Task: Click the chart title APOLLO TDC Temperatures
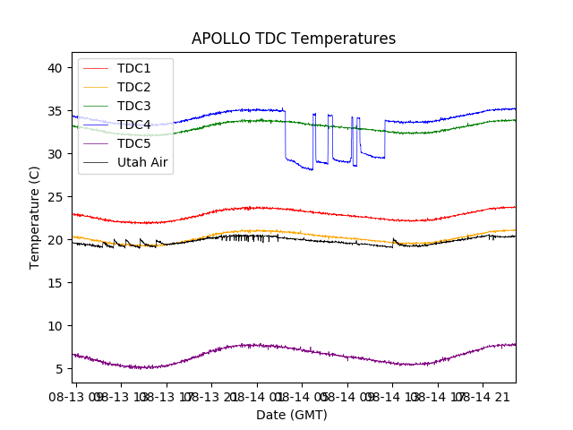pos(293,39)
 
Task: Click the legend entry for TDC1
pos(133,68)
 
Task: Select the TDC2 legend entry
pos(133,87)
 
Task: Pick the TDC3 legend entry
pos(133,106)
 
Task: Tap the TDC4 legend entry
pos(133,125)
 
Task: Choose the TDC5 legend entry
pos(133,143)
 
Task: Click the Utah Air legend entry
pos(142,162)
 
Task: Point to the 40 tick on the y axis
pos(55,68)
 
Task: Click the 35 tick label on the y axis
pos(55,111)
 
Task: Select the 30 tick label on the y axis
pos(55,154)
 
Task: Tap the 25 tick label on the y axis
pos(55,197)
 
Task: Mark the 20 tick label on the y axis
pos(55,240)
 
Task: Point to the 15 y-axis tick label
pos(55,283)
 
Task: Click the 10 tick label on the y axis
pos(55,326)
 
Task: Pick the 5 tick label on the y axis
pos(58,369)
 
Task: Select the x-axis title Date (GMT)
pos(292,415)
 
